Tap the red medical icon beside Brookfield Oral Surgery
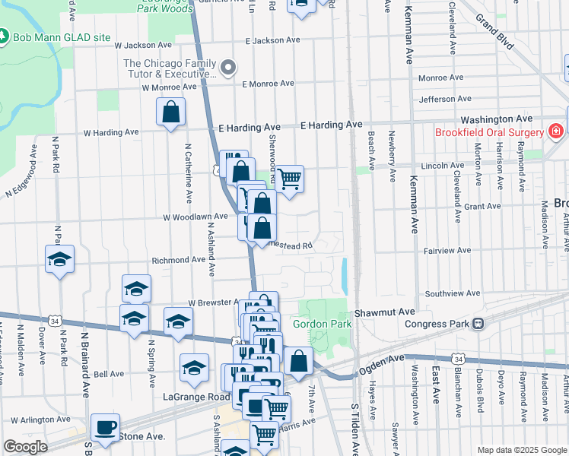tap(557, 131)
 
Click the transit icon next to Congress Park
tap(478, 324)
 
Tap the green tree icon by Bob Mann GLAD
tap(4, 36)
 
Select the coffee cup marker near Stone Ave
tap(105, 427)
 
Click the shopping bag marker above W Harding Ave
tap(171, 112)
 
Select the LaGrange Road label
tap(195, 397)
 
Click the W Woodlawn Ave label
tap(195, 217)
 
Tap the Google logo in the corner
tap(26, 447)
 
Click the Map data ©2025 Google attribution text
tap(522, 450)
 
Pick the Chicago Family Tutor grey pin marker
tap(227, 68)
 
